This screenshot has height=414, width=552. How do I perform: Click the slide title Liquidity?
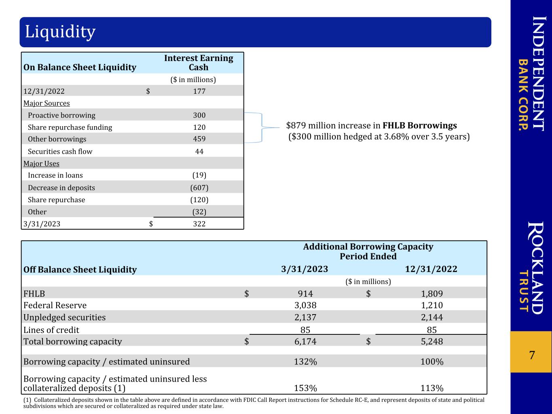pos(60,32)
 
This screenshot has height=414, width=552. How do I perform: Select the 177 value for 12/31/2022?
pos(199,91)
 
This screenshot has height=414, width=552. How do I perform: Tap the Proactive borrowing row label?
pos(61,115)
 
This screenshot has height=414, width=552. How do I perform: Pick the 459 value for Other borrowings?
pos(199,139)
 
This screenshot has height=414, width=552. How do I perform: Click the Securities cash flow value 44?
pos(199,151)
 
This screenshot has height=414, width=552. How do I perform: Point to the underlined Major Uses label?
pos(41,164)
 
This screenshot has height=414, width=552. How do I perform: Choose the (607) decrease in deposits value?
pos(199,188)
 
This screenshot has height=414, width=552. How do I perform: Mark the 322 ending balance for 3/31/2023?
pos(199,224)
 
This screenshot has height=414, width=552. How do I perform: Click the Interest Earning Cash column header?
pos(199,63)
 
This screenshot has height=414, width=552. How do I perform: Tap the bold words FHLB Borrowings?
pos(419,125)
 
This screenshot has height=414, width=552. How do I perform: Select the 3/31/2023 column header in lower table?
pos(305,269)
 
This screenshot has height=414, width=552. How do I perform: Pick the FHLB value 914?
pos(305,294)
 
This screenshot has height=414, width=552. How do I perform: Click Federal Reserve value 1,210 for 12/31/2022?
pos(432,305)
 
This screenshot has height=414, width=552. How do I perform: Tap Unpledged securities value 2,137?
pos(305,317)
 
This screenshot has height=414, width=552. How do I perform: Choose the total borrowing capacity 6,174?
pos(305,341)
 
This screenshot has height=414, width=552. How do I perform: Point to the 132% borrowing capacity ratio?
pos(305,362)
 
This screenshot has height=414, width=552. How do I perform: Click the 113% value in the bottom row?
pos(432,388)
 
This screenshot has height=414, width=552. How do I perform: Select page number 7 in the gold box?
pos(532,355)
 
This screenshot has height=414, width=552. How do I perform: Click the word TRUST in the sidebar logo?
pos(524,291)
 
